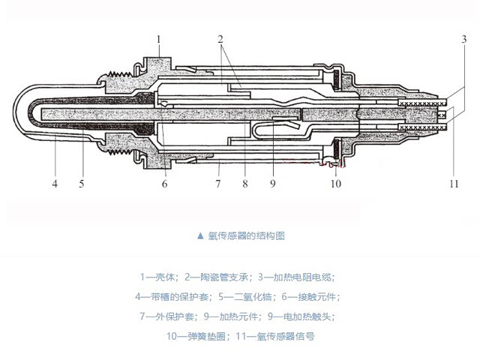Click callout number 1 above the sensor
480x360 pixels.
coord(158,37)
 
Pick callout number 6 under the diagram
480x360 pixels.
coord(165,183)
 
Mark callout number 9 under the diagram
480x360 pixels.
coord(273,183)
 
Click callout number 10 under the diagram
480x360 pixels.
coord(337,183)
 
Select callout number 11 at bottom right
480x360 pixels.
coord(452,183)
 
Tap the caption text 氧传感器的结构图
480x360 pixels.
coord(247,235)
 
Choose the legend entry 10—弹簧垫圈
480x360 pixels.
coord(197,337)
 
